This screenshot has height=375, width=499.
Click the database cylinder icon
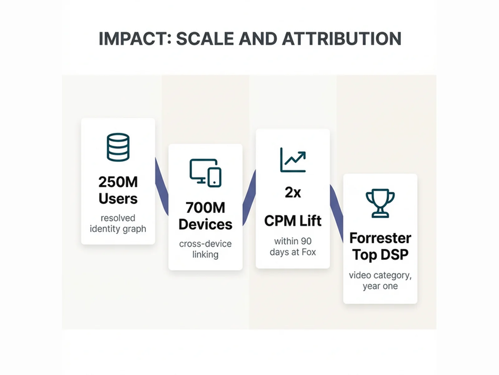tap(118, 147)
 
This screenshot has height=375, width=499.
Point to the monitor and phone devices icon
tap(206, 173)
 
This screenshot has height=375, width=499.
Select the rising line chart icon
tap(293, 160)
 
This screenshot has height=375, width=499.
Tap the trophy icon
tap(380, 203)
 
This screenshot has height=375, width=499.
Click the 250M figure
tap(118, 182)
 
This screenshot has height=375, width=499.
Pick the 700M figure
tap(205, 207)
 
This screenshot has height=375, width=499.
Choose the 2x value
tap(293, 192)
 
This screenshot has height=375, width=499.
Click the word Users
tap(118, 199)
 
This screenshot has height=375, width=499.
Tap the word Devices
tap(205, 224)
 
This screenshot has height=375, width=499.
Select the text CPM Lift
tap(293, 221)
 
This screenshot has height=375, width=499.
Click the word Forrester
tap(380, 238)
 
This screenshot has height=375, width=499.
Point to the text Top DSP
tap(380, 255)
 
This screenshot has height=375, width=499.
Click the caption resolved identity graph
tap(118, 223)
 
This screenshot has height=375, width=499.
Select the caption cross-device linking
tap(205, 249)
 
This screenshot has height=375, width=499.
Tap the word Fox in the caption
tap(309, 252)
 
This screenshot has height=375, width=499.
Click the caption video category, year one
tap(380, 280)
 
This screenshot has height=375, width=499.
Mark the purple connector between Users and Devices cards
tap(162, 187)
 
